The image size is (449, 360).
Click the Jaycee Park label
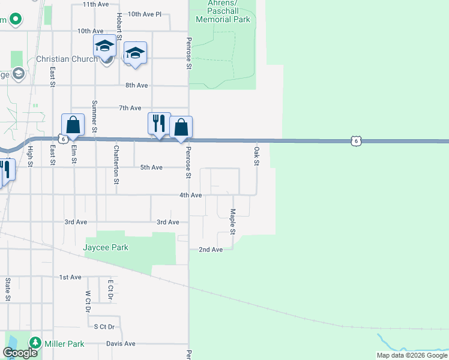tap(107, 247)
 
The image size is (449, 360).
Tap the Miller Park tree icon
tap(35, 343)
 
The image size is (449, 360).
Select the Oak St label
tap(256, 156)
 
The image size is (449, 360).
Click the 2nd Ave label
tap(211, 250)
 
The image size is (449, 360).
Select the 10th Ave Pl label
tap(145, 14)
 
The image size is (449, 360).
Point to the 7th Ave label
tap(130, 108)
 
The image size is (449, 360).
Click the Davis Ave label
tap(121, 344)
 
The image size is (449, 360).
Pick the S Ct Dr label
tap(104, 326)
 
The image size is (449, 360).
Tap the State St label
tap(8, 289)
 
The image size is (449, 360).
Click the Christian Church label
tap(67, 59)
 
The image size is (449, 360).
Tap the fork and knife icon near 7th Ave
tap(159, 123)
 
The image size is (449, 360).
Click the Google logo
tap(20, 353)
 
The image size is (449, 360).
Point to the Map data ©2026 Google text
tap(412, 355)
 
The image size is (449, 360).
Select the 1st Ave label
tap(70, 277)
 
